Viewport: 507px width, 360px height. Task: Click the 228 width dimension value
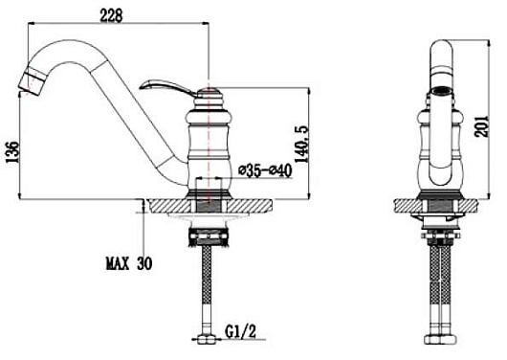coord(111,15)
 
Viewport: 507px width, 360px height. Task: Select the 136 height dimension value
coord(13,152)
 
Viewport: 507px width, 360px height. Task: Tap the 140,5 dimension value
coord(302,145)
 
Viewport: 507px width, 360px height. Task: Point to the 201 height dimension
coord(482,126)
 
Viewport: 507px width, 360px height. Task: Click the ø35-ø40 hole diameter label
coord(265,170)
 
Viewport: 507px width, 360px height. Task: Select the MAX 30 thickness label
coord(129,264)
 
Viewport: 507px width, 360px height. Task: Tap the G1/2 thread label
coord(240,332)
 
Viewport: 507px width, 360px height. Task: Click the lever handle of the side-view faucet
coord(166,87)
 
